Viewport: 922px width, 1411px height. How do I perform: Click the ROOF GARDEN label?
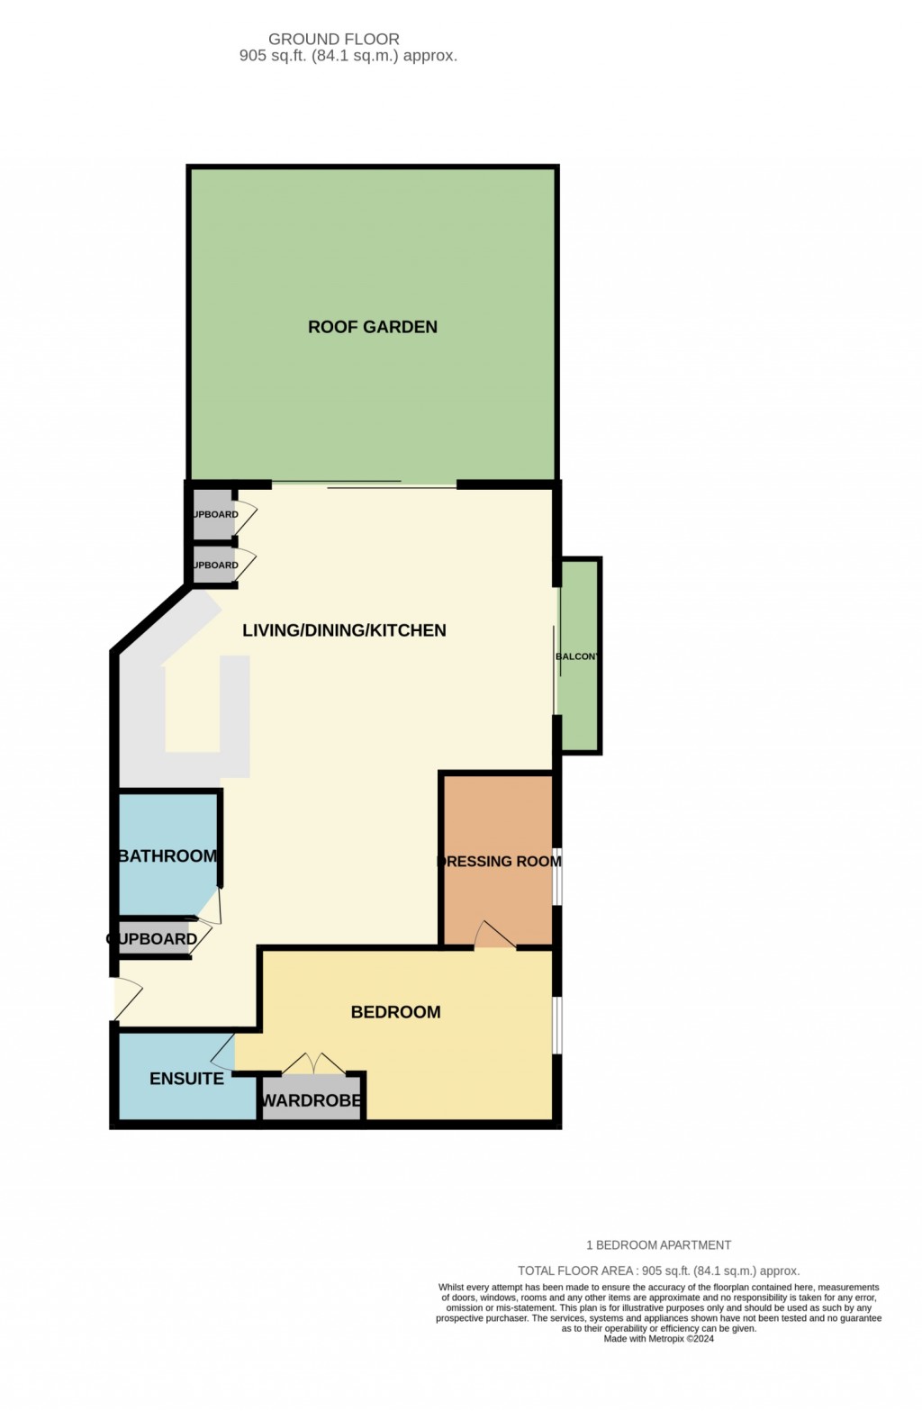click(x=373, y=327)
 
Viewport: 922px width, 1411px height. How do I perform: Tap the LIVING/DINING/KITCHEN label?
click(x=344, y=630)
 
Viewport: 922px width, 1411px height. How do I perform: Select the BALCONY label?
click(x=577, y=656)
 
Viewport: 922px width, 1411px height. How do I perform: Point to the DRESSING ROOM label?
click(x=499, y=862)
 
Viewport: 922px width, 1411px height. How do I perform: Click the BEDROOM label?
click(x=395, y=1012)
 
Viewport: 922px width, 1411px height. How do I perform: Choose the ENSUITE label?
click(x=186, y=1078)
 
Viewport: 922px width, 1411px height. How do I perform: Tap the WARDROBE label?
click(x=311, y=1100)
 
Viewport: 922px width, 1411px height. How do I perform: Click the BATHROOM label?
click(x=167, y=855)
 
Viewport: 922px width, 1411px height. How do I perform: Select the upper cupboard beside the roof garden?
click(x=214, y=515)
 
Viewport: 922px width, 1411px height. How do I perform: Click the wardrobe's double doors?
click(x=312, y=1064)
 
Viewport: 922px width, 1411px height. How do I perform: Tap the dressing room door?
click(x=494, y=936)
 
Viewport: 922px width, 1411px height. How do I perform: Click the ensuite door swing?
click(x=223, y=1052)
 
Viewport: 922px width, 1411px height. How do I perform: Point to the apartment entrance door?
click(x=126, y=999)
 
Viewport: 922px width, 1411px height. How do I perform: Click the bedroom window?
click(x=557, y=1024)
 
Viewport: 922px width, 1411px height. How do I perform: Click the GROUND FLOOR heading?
click(x=334, y=39)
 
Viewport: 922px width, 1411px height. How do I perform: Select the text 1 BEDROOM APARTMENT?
click(x=658, y=1245)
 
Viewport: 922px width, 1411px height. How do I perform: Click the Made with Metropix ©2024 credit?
click(x=659, y=1339)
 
